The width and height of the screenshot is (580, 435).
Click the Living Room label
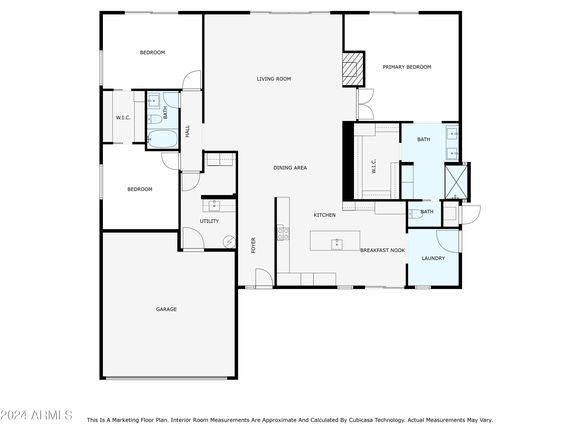274,79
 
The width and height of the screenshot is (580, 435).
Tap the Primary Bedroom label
407,67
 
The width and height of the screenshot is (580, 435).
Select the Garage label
166,309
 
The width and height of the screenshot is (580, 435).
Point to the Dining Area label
290,168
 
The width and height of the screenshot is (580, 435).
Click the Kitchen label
325,215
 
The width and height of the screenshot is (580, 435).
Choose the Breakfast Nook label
382,250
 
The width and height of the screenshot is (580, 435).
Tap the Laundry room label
433,258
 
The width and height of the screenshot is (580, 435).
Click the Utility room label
209,221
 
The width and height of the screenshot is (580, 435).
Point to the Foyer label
253,245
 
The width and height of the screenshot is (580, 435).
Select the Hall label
188,131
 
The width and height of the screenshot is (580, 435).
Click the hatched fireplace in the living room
353,69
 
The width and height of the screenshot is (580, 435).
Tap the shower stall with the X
456,182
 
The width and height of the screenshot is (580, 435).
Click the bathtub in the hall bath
162,139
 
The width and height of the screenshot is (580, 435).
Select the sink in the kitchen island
337,245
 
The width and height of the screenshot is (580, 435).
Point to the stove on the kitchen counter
283,233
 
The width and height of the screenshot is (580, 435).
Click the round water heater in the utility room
229,242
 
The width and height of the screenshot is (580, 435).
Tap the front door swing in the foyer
264,277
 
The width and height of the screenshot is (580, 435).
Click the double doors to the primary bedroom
366,104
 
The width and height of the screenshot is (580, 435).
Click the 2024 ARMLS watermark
36,415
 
